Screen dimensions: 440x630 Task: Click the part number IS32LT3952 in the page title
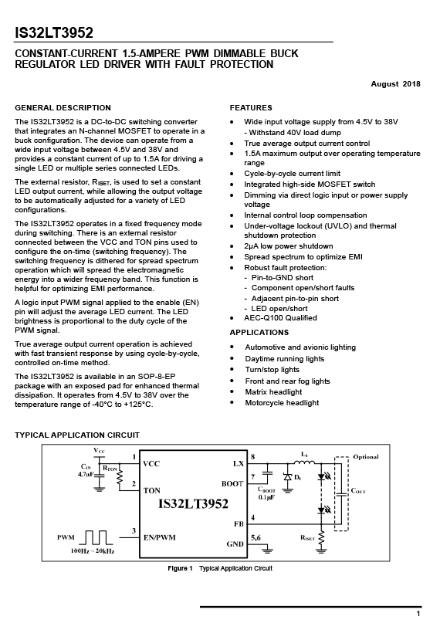tap(54, 32)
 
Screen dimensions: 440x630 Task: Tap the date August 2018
tap(395, 84)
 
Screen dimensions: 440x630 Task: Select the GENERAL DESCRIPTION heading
tap(63, 107)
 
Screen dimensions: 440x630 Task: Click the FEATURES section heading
tap(251, 107)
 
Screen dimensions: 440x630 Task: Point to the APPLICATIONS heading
tap(259, 332)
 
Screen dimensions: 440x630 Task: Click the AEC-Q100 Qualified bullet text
tap(280, 318)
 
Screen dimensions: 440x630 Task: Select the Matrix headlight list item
tap(273, 391)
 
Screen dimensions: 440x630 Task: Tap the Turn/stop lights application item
tap(272, 370)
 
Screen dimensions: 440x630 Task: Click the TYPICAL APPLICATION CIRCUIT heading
tap(77, 435)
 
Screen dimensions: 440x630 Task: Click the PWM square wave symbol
tap(96, 537)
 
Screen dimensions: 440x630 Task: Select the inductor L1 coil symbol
tap(304, 462)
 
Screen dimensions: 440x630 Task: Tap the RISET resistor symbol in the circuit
tap(320, 538)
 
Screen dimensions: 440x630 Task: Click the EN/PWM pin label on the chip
tap(160, 537)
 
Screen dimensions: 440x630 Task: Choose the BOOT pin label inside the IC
tap(232, 484)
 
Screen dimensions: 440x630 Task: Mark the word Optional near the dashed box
tap(366, 457)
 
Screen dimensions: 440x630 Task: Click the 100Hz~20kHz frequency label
tap(93, 550)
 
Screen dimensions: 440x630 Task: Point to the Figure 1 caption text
tap(220, 568)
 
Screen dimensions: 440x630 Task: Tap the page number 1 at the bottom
tap(418, 614)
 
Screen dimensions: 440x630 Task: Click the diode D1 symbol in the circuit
tap(287, 477)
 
